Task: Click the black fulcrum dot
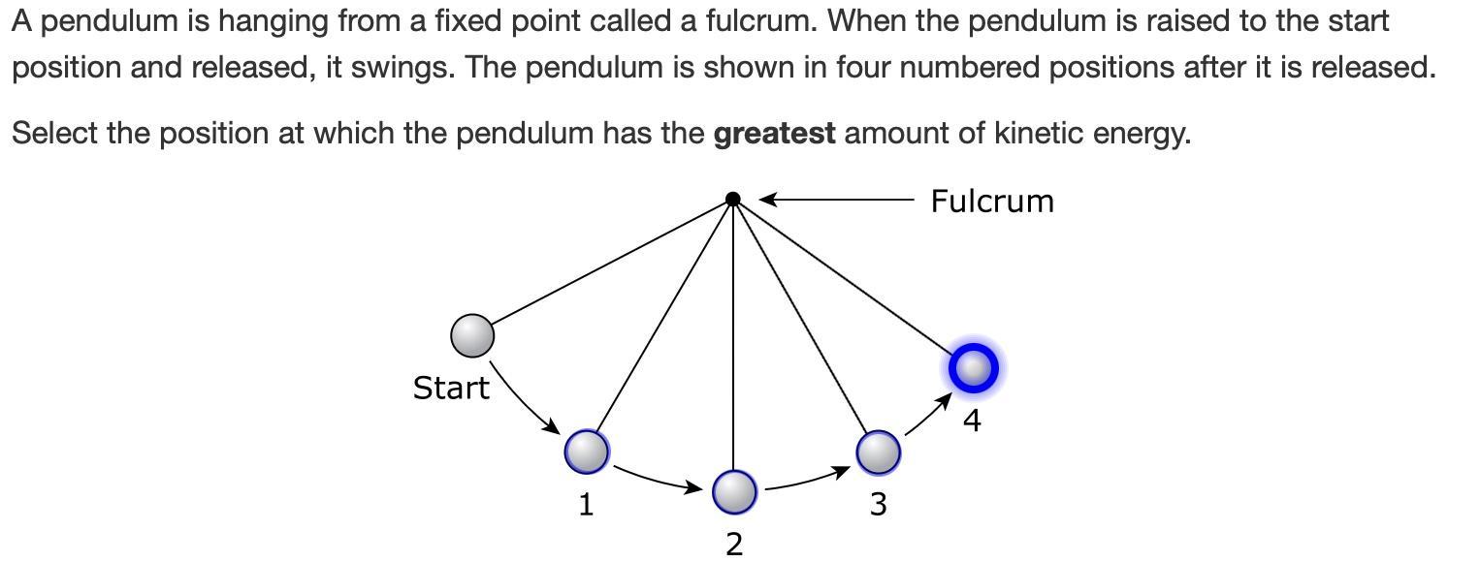(733, 200)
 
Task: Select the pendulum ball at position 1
(587, 451)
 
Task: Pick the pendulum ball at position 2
(734, 491)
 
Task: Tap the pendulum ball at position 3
(879, 453)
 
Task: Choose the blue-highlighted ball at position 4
(973, 368)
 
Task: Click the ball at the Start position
(472, 335)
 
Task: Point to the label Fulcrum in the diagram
(991, 202)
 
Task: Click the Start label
(451, 388)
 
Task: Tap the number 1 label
(586, 504)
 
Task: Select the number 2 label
(734, 545)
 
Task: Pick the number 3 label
(878, 504)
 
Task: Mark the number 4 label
(972, 421)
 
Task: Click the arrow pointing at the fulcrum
(834, 200)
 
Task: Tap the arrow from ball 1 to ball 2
(658, 480)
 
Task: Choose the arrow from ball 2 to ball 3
(807, 481)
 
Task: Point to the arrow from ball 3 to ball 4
(927, 415)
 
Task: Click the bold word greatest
(774, 134)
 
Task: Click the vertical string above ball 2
(733, 339)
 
